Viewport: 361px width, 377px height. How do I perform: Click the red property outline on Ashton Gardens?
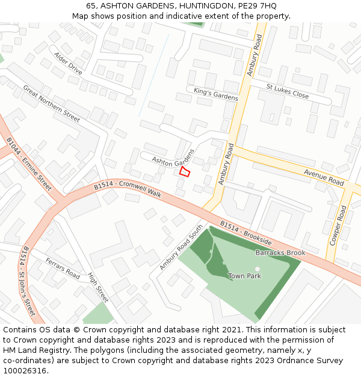click(185, 173)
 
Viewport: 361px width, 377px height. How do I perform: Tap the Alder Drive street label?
click(68, 63)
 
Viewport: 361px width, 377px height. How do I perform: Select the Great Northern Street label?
click(51, 104)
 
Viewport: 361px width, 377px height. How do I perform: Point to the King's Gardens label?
click(216, 93)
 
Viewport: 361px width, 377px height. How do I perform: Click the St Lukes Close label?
click(288, 91)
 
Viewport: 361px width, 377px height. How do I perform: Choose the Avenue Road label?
click(323, 177)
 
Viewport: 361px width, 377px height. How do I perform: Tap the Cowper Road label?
click(338, 226)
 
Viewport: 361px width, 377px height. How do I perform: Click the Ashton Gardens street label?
click(173, 161)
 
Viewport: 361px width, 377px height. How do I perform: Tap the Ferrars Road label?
click(63, 268)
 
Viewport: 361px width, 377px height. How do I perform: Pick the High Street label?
click(98, 287)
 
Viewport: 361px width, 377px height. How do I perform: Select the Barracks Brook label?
click(280, 253)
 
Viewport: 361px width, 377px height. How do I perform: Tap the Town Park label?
click(245, 276)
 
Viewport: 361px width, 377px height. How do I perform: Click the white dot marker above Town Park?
click(258, 269)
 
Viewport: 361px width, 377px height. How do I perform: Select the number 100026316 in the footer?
click(24, 370)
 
